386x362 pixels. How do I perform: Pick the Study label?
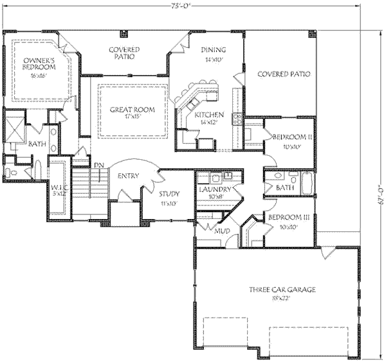[x=170, y=194]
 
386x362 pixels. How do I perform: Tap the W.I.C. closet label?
[x=60, y=190]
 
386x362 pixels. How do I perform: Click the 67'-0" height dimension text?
[x=380, y=194]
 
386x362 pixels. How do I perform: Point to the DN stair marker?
[x=99, y=166]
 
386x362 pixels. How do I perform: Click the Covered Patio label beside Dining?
[x=284, y=74]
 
